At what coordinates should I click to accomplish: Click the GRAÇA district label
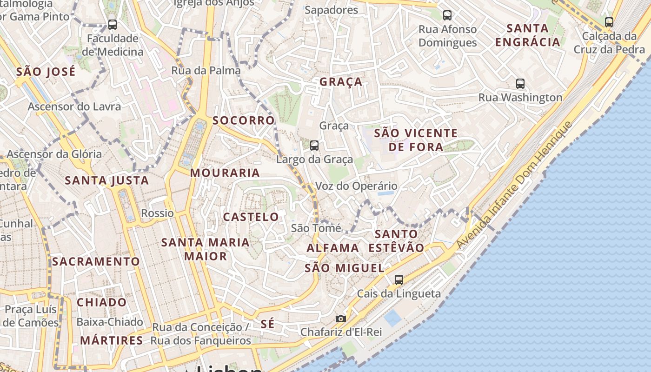pos(340,82)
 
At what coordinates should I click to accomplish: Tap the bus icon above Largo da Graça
pos(314,146)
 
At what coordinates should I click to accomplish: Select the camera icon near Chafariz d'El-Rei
pos(341,319)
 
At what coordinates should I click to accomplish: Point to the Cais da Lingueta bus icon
pos(399,280)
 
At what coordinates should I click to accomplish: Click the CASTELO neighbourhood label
pos(251,217)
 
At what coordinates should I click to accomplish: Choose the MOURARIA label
pos(225,173)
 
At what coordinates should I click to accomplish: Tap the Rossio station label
pos(157,213)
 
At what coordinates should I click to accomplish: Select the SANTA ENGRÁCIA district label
pos(527,35)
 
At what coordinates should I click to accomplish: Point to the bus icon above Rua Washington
pos(520,84)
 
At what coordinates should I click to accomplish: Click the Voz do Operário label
pos(356,186)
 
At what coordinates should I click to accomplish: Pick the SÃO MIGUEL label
pos(344,268)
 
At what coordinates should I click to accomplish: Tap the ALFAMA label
pos(332,248)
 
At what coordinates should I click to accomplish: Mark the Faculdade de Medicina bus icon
pos(112,25)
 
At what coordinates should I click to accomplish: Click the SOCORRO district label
pos(243,120)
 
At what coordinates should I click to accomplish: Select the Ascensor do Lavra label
pos(74,106)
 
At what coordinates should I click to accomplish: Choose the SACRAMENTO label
pos(96,261)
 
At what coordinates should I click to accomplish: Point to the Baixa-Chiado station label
pos(109,322)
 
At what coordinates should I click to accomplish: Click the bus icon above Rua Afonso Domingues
pos(447,15)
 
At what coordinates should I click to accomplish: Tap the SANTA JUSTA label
pos(106,180)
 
